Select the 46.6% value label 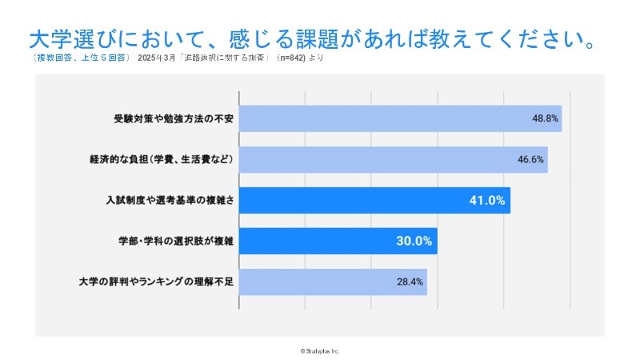point(530,159)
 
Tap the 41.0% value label point(486,200)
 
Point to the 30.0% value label point(414,241)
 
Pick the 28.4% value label point(410,282)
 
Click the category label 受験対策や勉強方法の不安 point(173,118)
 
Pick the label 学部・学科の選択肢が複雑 point(174,241)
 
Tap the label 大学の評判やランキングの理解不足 point(156,282)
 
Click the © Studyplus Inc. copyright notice point(320,350)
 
